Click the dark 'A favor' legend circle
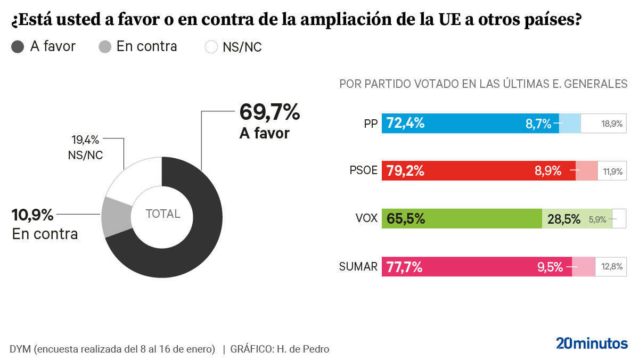click(x=18, y=47)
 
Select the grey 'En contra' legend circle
click(x=105, y=47)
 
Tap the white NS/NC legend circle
click(x=211, y=47)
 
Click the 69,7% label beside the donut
click(x=269, y=112)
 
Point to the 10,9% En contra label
click(x=32, y=215)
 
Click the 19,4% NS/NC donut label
click(x=85, y=141)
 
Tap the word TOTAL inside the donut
click(x=163, y=214)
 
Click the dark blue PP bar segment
click(x=469, y=124)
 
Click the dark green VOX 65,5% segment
click(x=461, y=218)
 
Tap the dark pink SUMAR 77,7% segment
click(x=476, y=266)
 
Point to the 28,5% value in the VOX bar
click(x=563, y=219)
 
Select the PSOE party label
click(x=363, y=171)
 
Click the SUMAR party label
click(x=358, y=266)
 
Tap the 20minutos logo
click(x=592, y=343)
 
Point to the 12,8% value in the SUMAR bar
click(x=612, y=267)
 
